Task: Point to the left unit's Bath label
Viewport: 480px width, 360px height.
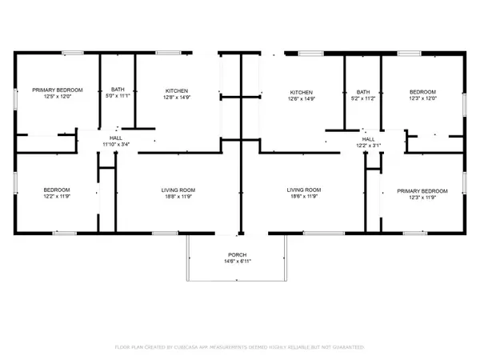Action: tap(117, 90)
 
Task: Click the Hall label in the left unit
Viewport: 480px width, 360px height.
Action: tap(116, 138)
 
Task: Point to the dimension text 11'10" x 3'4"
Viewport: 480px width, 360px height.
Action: tap(116, 144)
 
